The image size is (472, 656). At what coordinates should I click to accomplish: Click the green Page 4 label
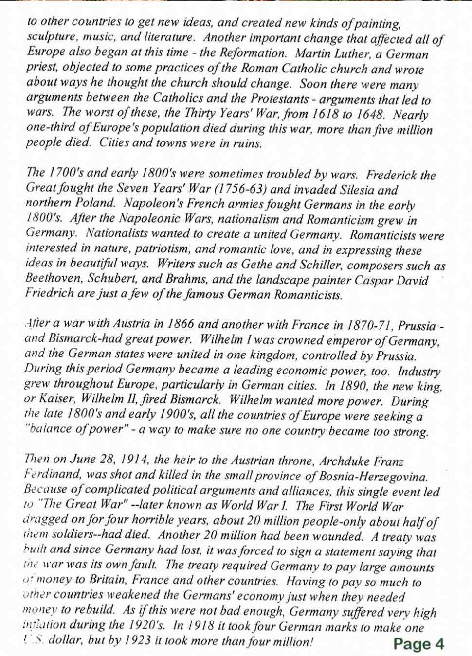click(x=418, y=644)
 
